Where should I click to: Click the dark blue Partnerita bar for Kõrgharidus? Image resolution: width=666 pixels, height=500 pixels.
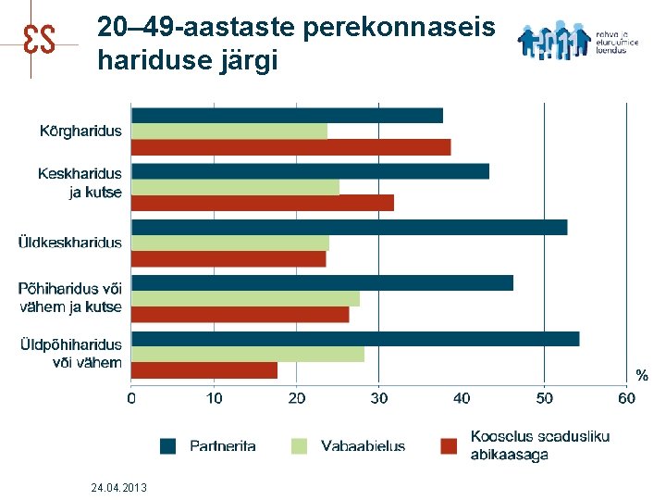287,116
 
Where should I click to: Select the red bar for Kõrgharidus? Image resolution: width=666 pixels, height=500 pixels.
290,147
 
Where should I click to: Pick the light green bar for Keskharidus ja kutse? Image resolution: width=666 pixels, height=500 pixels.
235,187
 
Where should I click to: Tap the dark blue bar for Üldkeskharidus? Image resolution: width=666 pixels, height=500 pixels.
349,228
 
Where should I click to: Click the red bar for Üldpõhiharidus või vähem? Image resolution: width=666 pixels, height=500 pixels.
204,370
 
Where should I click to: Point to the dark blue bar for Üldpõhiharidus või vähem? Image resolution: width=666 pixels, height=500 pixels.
355,339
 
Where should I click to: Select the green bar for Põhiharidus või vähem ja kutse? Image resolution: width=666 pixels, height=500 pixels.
245,299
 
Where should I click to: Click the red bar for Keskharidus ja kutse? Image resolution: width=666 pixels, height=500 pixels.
263,203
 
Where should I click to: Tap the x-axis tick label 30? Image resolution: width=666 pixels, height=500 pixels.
379,398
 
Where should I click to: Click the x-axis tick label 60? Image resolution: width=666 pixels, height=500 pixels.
626,398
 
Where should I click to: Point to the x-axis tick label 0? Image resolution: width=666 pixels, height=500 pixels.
131,398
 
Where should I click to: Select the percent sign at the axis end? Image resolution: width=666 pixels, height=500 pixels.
641,375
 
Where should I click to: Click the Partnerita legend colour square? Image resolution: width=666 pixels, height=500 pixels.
167,445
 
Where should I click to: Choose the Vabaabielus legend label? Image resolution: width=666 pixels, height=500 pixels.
363,445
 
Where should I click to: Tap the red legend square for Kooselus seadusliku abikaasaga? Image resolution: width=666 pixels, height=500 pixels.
450,445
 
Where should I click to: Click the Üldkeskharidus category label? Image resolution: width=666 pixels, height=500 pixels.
70,243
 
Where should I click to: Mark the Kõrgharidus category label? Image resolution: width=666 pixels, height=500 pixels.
80,131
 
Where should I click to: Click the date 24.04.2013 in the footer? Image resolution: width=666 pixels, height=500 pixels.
119,487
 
